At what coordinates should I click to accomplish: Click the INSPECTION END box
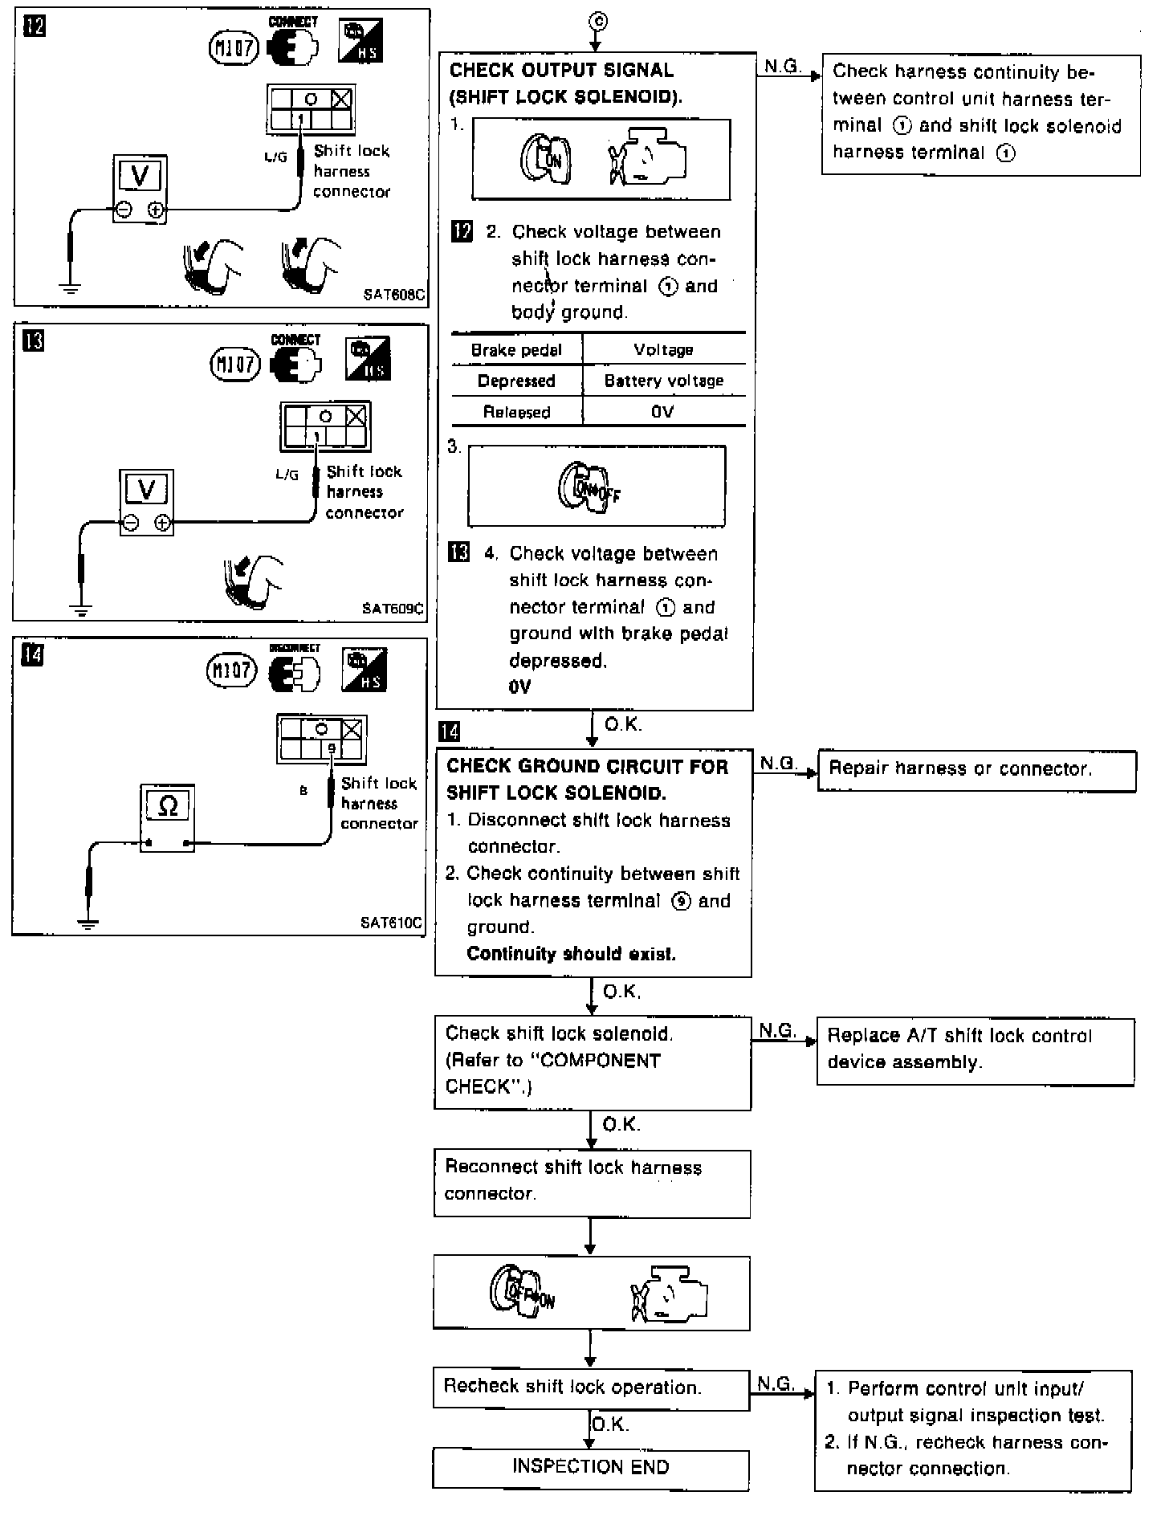(x=590, y=1467)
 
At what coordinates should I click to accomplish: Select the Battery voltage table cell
(x=663, y=381)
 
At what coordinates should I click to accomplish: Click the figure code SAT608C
(x=393, y=295)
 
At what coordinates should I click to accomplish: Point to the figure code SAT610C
(x=391, y=923)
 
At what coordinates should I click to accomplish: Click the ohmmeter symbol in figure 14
(x=168, y=805)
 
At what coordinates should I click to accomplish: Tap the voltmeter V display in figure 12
(x=141, y=175)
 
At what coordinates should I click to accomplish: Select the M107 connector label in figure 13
(x=236, y=365)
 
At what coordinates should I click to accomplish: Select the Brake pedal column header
(x=516, y=350)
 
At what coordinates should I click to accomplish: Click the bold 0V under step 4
(x=520, y=687)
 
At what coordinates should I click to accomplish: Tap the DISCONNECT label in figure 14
(x=295, y=648)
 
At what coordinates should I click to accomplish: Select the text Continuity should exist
(x=571, y=954)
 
